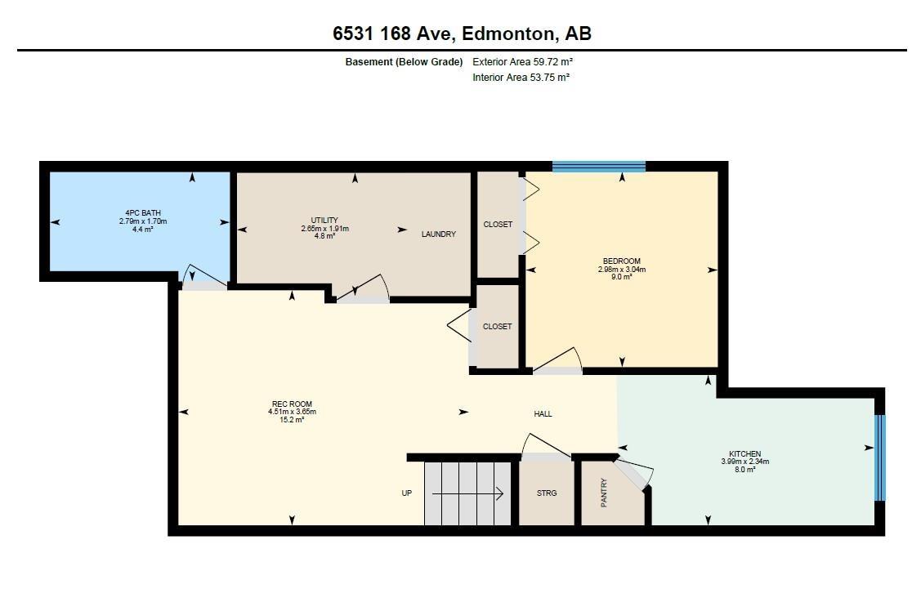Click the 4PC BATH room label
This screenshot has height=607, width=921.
coord(143,213)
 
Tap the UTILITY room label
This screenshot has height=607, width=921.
coord(324,220)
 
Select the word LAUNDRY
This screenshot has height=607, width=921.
coord(438,234)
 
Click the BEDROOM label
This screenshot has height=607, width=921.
coord(621,261)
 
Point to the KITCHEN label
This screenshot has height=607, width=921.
coord(744,453)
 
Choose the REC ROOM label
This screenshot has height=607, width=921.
coord(292,404)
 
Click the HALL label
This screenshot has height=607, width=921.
coord(543,414)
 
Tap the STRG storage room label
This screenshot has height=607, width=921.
coord(546,493)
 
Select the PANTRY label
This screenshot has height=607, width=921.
coord(604,493)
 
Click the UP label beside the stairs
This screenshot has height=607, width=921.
coord(406,493)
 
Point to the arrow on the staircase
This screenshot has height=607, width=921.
coord(467,494)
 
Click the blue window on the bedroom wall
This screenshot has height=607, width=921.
coord(598,167)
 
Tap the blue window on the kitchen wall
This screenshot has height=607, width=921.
coord(879,457)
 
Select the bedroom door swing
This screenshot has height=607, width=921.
coord(558,359)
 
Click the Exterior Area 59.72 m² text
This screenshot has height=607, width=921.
coord(523,61)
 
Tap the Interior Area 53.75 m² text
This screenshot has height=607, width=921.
coord(521,77)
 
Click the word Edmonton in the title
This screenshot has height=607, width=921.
coord(509,33)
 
